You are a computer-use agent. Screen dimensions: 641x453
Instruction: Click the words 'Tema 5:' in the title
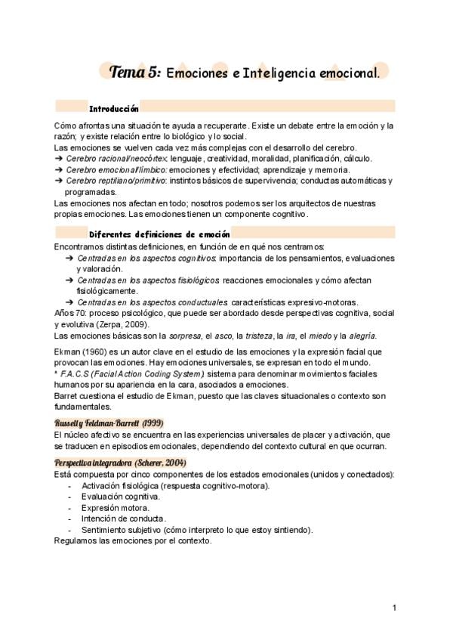(134, 73)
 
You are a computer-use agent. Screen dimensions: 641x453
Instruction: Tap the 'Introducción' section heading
(113, 109)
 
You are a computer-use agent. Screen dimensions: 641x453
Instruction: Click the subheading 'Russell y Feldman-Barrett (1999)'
(109, 423)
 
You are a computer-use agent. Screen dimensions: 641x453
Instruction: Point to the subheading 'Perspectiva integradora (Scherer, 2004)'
(120, 462)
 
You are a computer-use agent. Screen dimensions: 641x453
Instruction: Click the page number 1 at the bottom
(394, 607)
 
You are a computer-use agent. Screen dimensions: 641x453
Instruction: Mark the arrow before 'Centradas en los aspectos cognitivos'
(69, 258)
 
